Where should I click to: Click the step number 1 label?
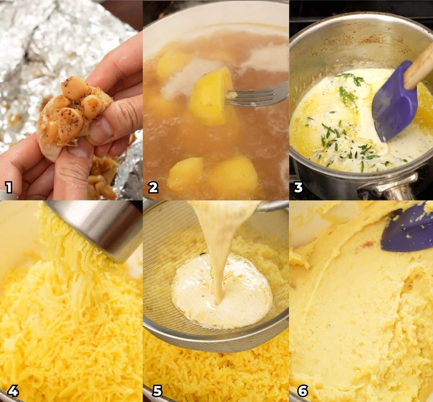pos(9,187)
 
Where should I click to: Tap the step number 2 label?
pos(153,187)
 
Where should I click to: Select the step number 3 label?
pos(298,187)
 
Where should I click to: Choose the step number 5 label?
pos(157,390)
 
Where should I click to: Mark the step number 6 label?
pos(302,390)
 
